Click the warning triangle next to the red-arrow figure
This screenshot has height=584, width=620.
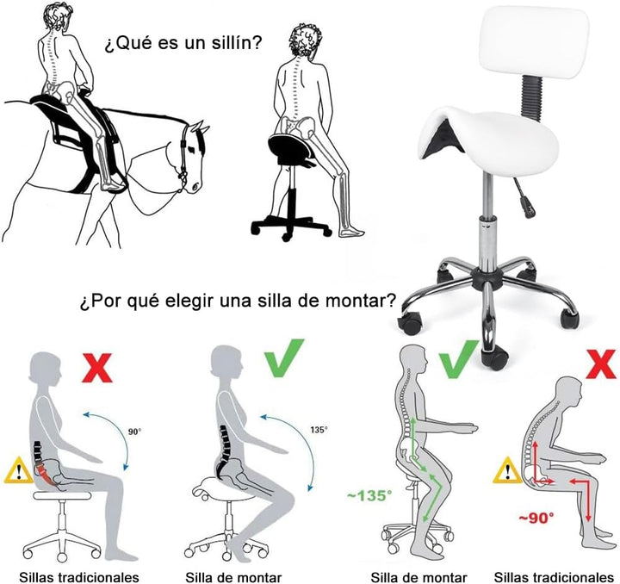[x=506, y=470]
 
